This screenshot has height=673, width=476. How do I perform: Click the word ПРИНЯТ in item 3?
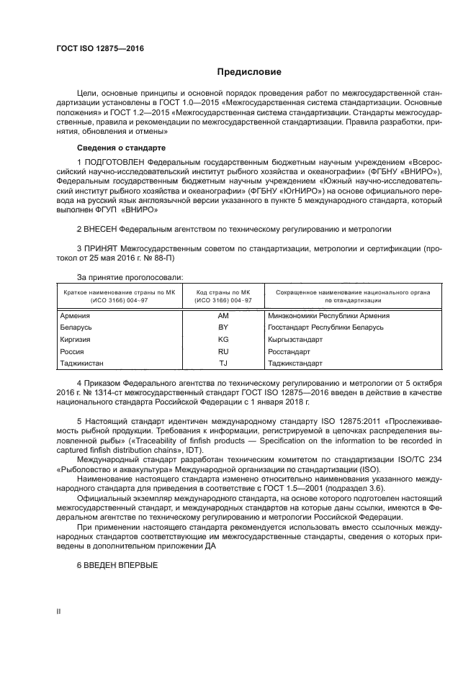point(101,249)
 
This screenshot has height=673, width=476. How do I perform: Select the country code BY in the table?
point(223,327)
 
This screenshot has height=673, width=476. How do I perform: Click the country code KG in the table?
point(223,339)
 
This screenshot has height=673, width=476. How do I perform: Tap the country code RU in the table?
point(223,351)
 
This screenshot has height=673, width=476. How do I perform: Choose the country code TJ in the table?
point(223,363)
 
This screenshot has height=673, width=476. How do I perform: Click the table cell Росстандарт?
point(288,351)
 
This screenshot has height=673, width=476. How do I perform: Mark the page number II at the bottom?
point(58,611)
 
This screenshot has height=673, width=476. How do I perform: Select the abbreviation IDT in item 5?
point(194,449)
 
